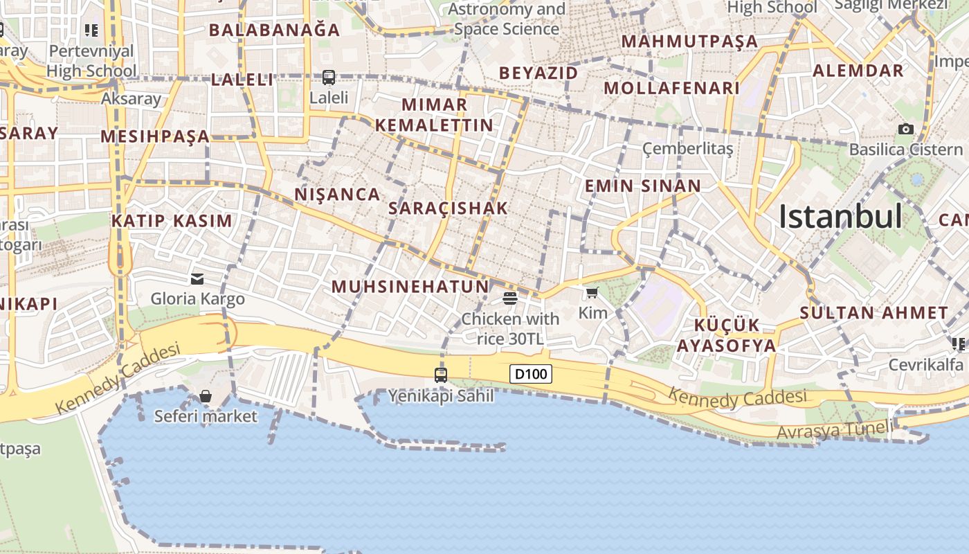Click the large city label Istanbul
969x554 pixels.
click(x=840, y=217)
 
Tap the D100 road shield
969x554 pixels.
click(x=532, y=375)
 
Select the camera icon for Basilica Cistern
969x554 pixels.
click(x=905, y=129)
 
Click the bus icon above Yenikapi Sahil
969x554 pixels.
click(x=441, y=375)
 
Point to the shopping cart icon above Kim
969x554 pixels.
click(x=592, y=293)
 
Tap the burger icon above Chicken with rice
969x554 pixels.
click(x=510, y=298)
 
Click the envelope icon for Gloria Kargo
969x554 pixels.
click(x=197, y=279)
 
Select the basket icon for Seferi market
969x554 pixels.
click(x=206, y=396)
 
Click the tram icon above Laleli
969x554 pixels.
click(x=329, y=78)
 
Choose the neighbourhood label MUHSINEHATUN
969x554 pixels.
click(x=410, y=287)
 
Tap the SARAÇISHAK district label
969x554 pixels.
click(x=449, y=208)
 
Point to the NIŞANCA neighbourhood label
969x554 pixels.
click(x=338, y=195)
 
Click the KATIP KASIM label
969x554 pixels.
click(x=172, y=221)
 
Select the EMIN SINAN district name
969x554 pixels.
click(x=643, y=186)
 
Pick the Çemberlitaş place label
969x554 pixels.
click(x=687, y=148)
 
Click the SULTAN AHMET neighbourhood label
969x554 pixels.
click(x=873, y=313)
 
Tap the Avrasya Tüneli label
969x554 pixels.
click(x=835, y=430)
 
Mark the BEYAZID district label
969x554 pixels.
click(x=538, y=73)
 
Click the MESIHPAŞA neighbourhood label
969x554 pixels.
click(x=155, y=136)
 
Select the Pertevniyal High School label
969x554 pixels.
click(x=92, y=61)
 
